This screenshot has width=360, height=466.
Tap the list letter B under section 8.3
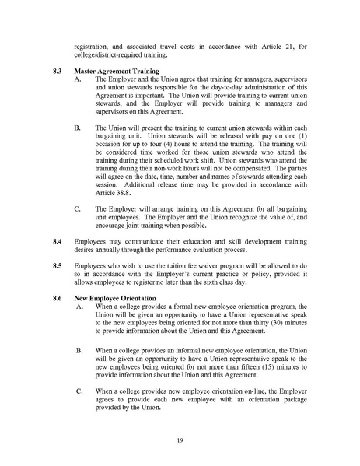coord(75,127)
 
